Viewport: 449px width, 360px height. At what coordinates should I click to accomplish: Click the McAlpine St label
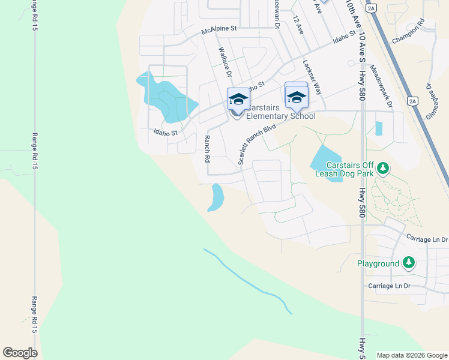click(220, 29)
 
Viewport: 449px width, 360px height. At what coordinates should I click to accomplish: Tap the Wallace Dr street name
click(225, 62)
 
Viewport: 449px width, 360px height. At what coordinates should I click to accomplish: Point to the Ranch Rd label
click(206, 149)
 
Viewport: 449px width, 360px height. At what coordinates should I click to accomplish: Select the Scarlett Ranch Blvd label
click(256, 145)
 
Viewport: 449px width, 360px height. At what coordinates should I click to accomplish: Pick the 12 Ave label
click(297, 25)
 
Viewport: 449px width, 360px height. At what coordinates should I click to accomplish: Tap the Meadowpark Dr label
click(382, 86)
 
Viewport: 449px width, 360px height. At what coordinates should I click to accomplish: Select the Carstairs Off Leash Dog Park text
click(351, 169)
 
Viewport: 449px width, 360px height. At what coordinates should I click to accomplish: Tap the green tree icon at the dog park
click(382, 171)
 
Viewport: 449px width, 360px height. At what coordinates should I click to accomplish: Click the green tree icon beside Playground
click(408, 263)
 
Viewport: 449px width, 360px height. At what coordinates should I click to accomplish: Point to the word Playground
click(378, 264)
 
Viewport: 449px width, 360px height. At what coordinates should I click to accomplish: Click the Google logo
click(20, 352)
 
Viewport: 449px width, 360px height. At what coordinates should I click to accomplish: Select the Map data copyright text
click(411, 355)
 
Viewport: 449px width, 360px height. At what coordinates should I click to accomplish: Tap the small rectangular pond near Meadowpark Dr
click(378, 128)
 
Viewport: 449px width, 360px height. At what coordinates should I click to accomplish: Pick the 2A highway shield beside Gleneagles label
click(412, 101)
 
